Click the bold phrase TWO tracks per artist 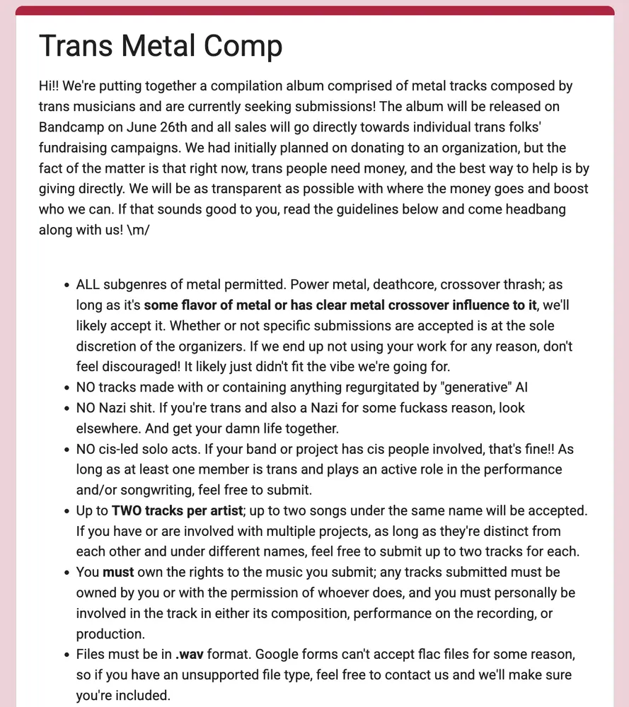178,510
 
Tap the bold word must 117,572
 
